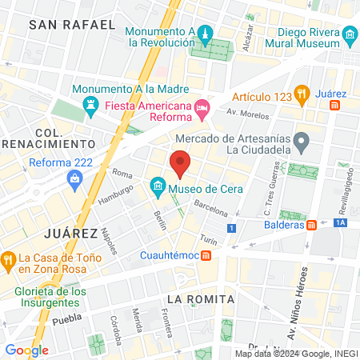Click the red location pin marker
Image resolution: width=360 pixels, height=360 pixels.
(x=180, y=162)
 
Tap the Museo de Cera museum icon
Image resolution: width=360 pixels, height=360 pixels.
(x=158, y=190)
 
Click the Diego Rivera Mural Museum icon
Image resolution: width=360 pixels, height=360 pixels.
(x=349, y=36)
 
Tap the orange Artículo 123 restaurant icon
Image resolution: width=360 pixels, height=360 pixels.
(x=302, y=94)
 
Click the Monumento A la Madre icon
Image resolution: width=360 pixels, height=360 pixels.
(x=91, y=105)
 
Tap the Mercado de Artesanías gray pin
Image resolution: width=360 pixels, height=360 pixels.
(x=302, y=142)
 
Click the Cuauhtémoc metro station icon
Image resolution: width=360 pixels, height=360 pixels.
(x=206, y=255)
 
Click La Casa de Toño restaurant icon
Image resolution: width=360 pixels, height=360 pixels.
(x=9, y=258)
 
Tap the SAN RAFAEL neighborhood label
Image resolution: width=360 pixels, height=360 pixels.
(x=71, y=25)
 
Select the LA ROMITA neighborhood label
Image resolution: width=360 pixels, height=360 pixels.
(x=200, y=299)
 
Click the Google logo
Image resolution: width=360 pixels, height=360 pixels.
(x=26, y=350)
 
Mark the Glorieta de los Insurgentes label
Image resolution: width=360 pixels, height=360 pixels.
(x=50, y=298)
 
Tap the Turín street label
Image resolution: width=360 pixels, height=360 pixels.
(x=209, y=239)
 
